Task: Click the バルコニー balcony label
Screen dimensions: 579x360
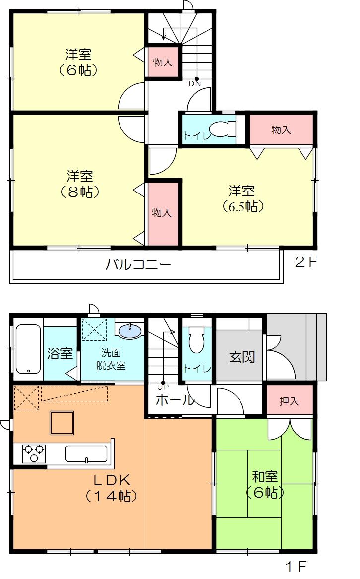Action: (x=138, y=264)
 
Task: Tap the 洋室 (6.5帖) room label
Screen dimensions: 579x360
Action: (x=242, y=198)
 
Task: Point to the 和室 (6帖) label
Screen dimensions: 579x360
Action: (x=265, y=485)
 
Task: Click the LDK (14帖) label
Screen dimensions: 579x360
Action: (x=112, y=488)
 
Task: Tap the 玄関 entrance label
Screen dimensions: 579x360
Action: (x=242, y=356)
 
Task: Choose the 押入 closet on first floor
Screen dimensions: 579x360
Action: (x=289, y=401)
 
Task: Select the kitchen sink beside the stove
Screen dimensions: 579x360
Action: (x=86, y=453)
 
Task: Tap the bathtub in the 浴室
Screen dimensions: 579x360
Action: (x=28, y=349)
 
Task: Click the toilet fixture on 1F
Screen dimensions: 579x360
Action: (x=197, y=339)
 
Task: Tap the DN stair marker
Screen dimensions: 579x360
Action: (x=195, y=83)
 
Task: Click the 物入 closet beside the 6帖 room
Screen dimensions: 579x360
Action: (x=162, y=63)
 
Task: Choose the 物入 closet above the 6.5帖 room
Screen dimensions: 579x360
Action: (x=281, y=130)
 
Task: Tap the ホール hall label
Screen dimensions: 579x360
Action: (x=175, y=400)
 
